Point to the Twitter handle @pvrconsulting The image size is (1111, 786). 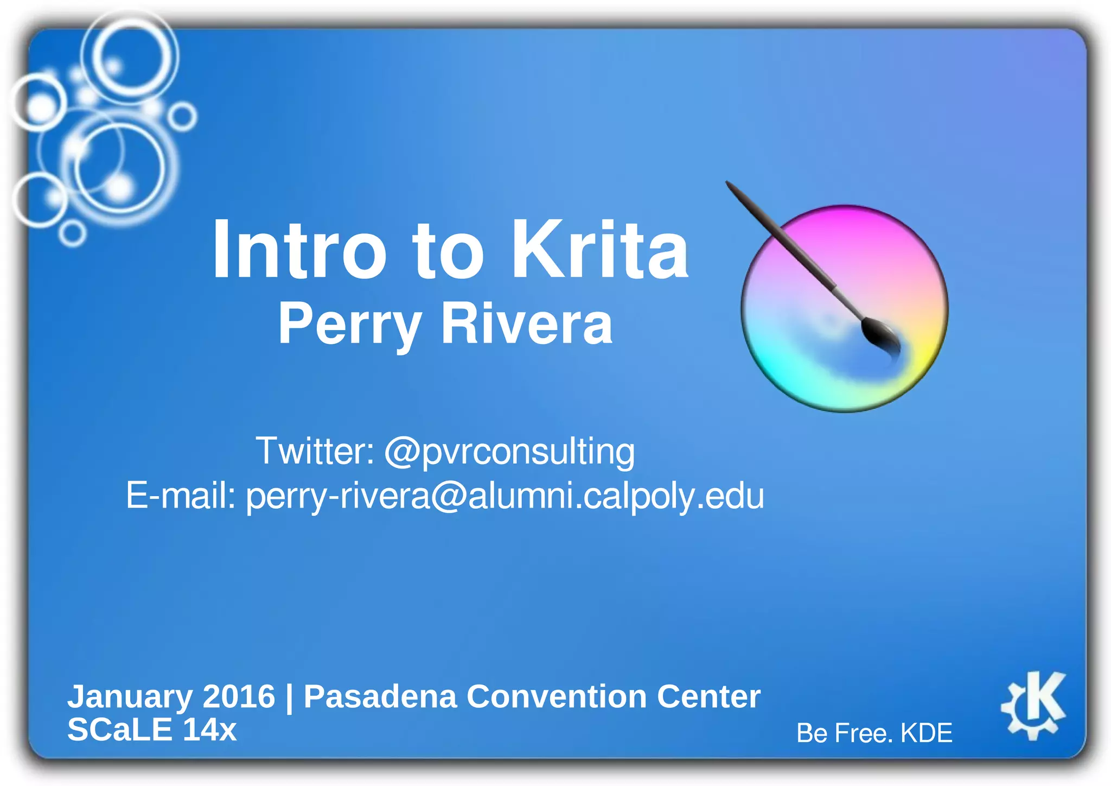[x=509, y=452]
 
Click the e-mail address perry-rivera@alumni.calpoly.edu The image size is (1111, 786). [x=505, y=496]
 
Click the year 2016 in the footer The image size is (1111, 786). [x=239, y=696]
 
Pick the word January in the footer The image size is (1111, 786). [x=130, y=696]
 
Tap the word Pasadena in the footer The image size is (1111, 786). [x=380, y=696]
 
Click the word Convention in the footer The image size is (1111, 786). [x=557, y=696]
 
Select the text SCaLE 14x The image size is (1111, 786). [x=152, y=730]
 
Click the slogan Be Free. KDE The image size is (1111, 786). [x=874, y=733]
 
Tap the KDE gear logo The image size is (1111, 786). [x=1033, y=705]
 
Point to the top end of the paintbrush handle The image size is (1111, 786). [x=730, y=185]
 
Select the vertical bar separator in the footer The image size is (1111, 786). [x=289, y=698]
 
